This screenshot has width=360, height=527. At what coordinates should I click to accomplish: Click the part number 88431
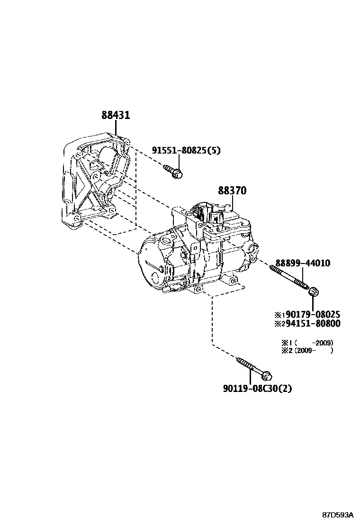coord(116,115)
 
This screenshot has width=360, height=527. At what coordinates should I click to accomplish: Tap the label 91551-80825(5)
coord(186,151)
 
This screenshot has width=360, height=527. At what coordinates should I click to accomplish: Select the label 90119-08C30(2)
coord(257,389)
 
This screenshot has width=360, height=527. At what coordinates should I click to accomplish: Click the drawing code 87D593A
coord(338,515)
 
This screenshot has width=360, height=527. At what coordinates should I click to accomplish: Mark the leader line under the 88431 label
coord(116,129)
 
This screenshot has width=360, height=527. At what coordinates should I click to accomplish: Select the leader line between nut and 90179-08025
coord(313,303)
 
